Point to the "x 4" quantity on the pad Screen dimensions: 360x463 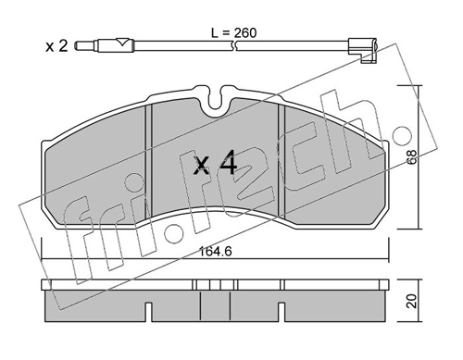coord(216,167)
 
